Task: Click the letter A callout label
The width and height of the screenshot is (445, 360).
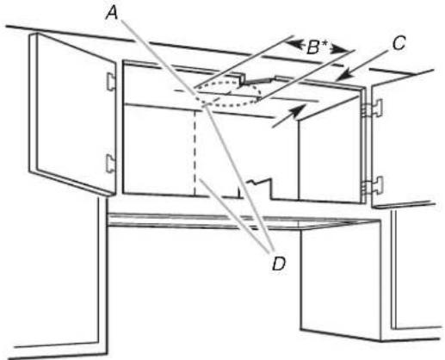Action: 112,14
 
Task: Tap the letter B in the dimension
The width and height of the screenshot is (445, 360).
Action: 312,47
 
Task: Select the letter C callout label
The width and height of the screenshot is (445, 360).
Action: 399,44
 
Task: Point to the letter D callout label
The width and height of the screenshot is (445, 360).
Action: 279,264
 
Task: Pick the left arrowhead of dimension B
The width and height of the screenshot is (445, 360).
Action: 293,44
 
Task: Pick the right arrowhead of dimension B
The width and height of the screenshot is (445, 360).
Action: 339,50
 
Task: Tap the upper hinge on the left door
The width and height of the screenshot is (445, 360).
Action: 111,81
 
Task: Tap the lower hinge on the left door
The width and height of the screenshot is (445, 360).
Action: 110,164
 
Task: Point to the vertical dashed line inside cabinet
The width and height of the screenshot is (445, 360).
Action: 195,152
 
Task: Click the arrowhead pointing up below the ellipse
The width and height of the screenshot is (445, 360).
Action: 299,110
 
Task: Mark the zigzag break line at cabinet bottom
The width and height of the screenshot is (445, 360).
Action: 256,188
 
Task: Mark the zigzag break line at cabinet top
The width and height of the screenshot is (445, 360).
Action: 257,80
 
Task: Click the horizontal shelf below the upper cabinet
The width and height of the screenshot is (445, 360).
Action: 244,221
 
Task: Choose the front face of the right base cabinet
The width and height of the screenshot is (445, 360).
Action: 341,280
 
